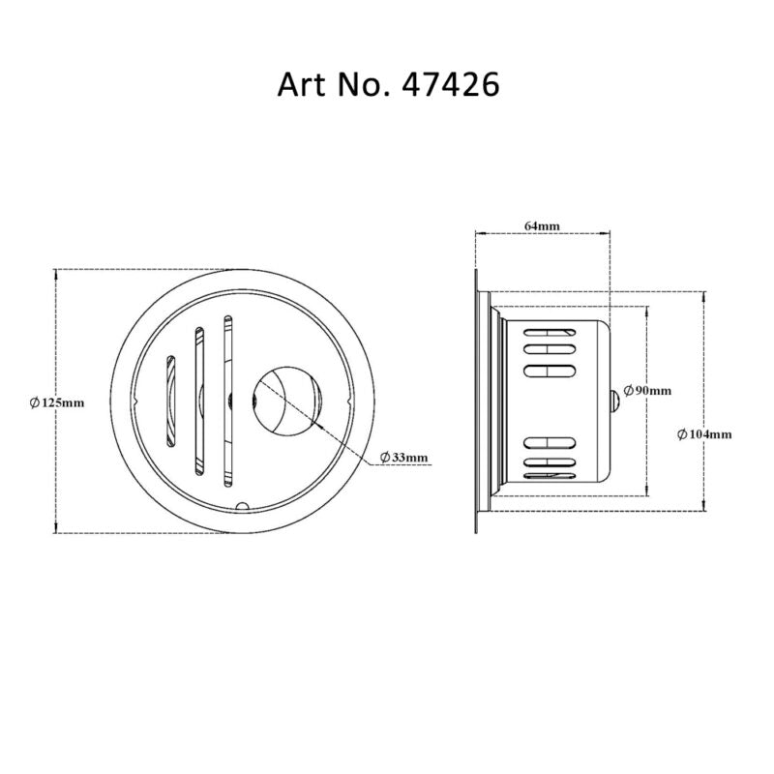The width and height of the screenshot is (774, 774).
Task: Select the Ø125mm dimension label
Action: [x=56, y=402]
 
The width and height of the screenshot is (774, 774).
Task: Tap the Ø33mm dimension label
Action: [x=403, y=456]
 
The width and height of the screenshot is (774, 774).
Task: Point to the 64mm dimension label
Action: [x=542, y=225]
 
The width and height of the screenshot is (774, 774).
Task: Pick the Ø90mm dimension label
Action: [x=646, y=390]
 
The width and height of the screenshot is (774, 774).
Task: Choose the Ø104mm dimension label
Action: [x=704, y=434]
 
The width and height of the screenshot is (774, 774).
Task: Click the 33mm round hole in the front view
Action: [x=287, y=401]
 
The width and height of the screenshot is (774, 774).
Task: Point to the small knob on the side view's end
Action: [x=614, y=399]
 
